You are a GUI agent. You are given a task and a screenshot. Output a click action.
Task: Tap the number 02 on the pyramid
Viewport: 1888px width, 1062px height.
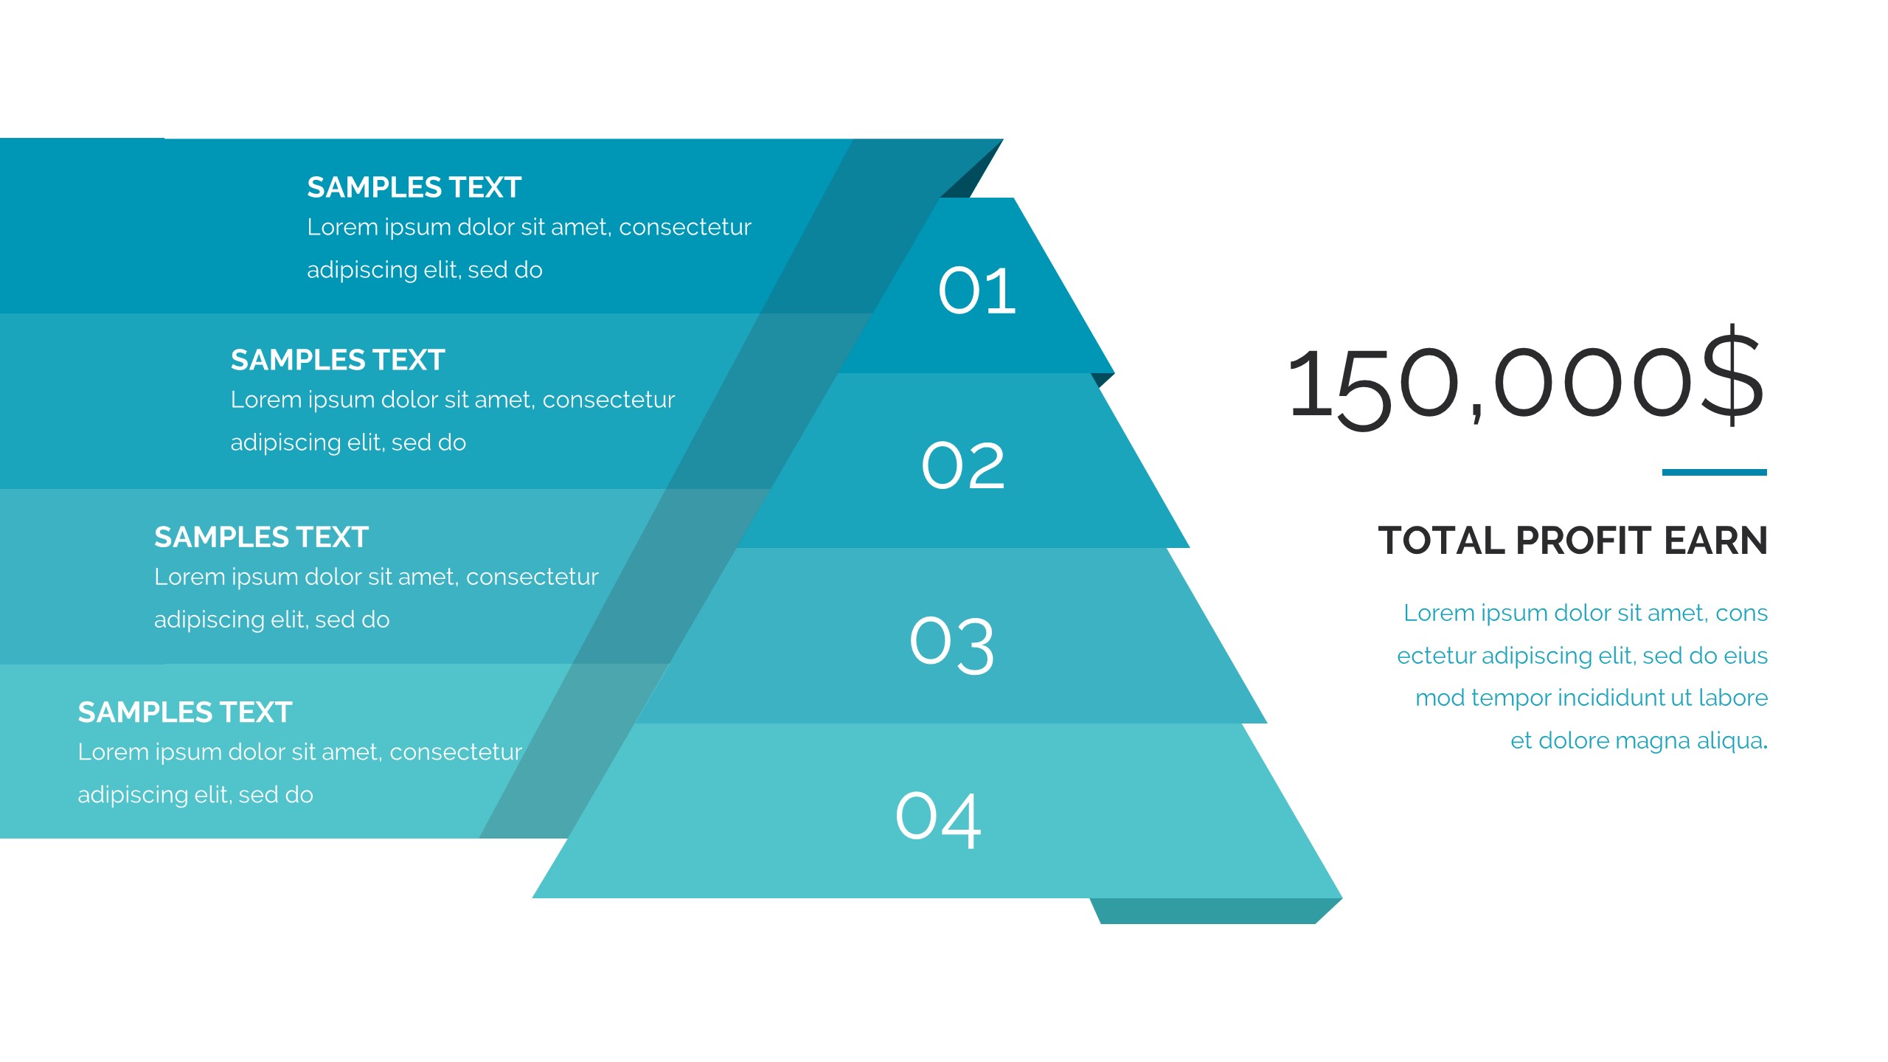pyautogui.click(x=963, y=466)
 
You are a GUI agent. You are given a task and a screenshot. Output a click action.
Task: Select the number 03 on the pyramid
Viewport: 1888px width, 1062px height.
pyautogui.click(x=952, y=645)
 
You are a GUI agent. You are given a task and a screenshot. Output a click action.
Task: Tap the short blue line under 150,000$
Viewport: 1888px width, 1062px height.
pyautogui.click(x=1715, y=472)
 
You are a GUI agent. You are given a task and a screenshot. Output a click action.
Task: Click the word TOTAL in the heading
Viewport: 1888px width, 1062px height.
pyautogui.click(x=1442, y=541)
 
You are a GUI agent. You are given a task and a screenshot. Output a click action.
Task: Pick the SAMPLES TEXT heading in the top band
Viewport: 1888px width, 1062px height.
pyautogui.click(x=414, y=187)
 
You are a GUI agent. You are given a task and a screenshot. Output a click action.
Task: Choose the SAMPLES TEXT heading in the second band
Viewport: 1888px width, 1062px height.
pyautogui.click(x=338, y=360)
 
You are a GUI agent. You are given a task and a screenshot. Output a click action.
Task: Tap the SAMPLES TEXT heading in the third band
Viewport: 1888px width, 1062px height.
pyautogui.click(x=261, y=537)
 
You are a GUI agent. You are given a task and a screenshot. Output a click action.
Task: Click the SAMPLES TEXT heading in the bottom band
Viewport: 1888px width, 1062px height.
pyautogui.click(x=185, y=712)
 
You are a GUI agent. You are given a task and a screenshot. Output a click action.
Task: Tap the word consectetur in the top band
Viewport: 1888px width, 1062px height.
pyautogui.click(x=685, y=227)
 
